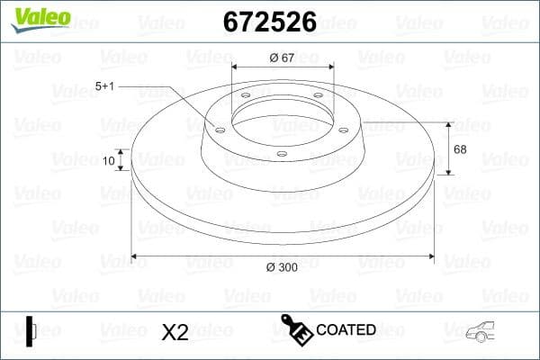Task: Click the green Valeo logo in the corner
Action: tap(39, 15)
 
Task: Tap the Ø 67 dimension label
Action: tap(283, 58)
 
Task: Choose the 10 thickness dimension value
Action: tap(110, 161)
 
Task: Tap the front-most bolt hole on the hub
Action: tap(282, 154)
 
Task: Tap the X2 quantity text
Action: tap(175, 332)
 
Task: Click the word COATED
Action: tap(346, 329)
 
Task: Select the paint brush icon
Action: tap(296, 328)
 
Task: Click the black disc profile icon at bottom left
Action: tap(31, 330)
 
